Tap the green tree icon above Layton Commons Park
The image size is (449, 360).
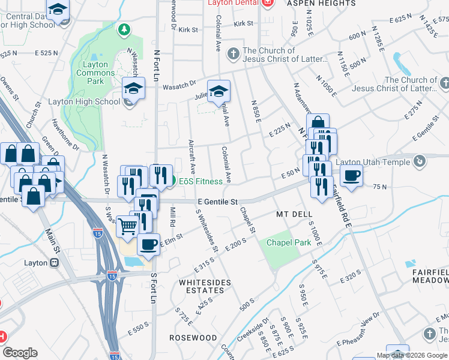point(124,29)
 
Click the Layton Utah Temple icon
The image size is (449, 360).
point(420,161)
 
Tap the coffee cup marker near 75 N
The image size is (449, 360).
point(352,175)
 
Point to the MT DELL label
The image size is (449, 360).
point(294,214)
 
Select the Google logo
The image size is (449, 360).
point(20,353)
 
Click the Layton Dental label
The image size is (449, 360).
point(232,3)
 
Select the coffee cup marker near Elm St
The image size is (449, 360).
point(148,244)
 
